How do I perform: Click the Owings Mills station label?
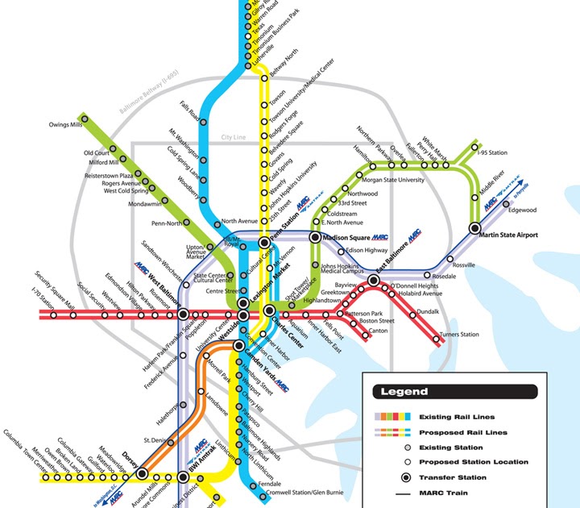point(65,125)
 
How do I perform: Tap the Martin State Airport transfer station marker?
point(475,227)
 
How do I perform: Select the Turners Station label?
point(459,335)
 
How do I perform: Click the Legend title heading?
point(399,392)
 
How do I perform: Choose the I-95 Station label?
point(493,152)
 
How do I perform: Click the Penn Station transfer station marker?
point(264,243)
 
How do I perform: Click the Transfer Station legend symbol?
point(395,477)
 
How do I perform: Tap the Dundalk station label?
point(428,310)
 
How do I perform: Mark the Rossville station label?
point(464,264)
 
